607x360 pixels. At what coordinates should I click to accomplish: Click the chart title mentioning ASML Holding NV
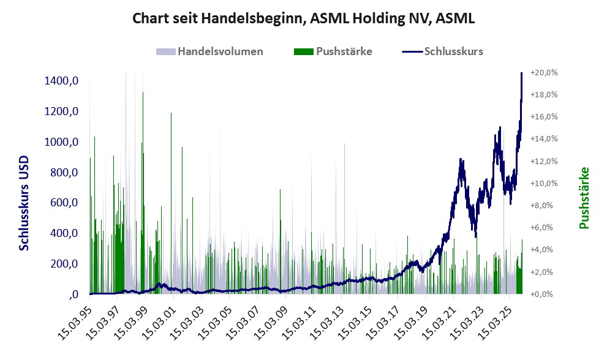(x=303, y=18)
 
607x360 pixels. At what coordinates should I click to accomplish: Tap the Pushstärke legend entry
(x=344, y=51)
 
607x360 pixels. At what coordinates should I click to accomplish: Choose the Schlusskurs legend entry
(x=453, y=51)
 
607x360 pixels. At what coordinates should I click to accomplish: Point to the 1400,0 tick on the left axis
(x=61, y=81)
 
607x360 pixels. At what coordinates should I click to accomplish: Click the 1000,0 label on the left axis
(x=61, y=142)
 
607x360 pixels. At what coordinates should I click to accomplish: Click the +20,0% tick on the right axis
(x=543, y=72)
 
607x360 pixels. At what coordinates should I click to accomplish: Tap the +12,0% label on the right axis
(x=543, y=161)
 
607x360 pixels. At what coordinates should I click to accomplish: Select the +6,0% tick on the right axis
(x=543, y=227)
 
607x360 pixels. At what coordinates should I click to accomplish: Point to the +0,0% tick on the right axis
(x=543, y=294)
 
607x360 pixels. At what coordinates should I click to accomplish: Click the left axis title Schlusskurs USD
(x=25, y=202)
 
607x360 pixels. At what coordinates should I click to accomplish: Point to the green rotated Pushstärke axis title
(x=584, y=198)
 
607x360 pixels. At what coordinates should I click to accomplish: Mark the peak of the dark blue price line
(x=521, y=73)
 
